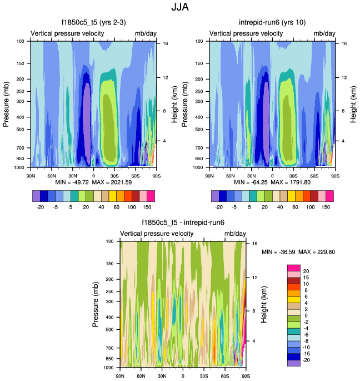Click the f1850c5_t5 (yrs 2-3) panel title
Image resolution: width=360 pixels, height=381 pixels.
point(94,23)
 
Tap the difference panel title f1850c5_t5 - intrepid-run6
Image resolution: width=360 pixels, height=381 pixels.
point(183,223)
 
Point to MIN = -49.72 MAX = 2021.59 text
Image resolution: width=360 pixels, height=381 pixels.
point(93,182)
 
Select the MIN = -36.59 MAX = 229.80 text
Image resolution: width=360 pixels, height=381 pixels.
point(298,252)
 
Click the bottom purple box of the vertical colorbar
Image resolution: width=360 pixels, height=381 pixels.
point(293,363)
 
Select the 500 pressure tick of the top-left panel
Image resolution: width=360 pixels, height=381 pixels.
point(21,130)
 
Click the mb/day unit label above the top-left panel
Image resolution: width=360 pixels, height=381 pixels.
point(146,34)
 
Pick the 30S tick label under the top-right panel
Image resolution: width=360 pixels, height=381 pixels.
point(293,176)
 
